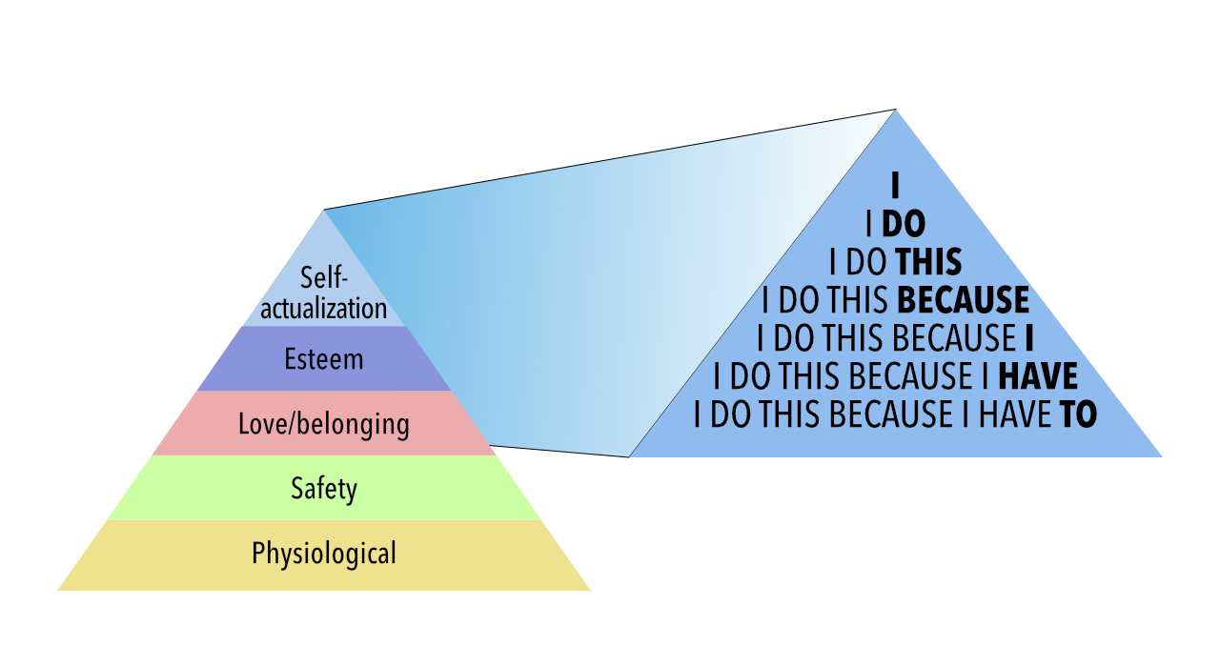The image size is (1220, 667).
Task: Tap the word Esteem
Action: point(324,359)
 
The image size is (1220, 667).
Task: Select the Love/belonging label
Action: point(324,423)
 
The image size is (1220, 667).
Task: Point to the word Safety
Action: point(324,489)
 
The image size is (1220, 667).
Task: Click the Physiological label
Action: point(324,553)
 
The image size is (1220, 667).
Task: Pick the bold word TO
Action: point(1078,415)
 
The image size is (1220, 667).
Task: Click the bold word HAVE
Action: point(1037,377)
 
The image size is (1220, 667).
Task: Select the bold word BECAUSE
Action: point(964,301)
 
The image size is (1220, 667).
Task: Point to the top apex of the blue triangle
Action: point(895,111)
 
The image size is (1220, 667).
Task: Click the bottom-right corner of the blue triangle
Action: point(1160,456)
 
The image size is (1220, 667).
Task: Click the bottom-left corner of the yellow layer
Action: point(60,589)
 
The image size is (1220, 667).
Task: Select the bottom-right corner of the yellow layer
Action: point(588,589)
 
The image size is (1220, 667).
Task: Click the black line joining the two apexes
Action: point(610,159)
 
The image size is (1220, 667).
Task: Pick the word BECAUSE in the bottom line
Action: point(896,415)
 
